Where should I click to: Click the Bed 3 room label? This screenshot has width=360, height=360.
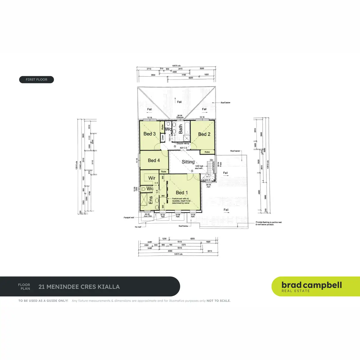pyautogui.click(x=149, y=134)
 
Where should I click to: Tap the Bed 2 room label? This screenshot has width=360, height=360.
pyautogui.click(x=204, y=134)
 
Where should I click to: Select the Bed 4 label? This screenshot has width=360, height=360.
pyautogui.click(x=154, y=160)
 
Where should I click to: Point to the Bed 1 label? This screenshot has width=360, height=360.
pyautogui.click(x=182, y=193)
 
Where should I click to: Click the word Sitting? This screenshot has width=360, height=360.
pyautogui.click(x=188, y=162)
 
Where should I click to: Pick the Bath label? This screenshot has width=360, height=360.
pyautogui.click(x=181, y=129)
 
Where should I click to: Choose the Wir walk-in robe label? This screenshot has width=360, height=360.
pyautogui.click(x=152, y=178)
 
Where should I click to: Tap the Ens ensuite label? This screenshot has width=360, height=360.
pyautogui.click(x=151, y=200)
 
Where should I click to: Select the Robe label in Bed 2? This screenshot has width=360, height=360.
pyautogui.click(x=207, y=152)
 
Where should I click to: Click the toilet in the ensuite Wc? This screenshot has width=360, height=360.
pyautogui.click(x=143, y=189)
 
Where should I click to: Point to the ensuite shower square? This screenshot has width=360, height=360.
pyautogui.click(x=144, y=199)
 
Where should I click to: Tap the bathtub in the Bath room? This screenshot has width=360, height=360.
pyautogui.click(x=187, y=128)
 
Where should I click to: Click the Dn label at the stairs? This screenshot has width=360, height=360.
pyautogui.click(x=212, y=160)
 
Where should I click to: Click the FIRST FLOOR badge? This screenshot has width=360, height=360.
pyautogui.click(x=37, y=79)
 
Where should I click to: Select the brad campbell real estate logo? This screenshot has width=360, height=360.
pyautogui.click(x=311, y=286)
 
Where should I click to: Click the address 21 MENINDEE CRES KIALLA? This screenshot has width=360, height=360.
pyautogui.click(x=79, y=287)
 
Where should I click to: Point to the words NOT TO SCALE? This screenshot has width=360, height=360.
pyautogui.click(x=219, y=301)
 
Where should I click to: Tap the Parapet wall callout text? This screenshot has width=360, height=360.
pyautogui.click(x=129, y=217)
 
